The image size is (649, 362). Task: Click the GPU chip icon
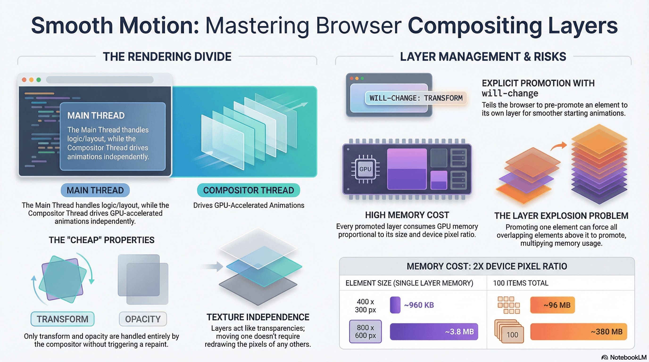coord(365,169)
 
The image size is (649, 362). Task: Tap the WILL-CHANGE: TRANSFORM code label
coord(416,98)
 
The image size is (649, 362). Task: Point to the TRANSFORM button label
coord(62,319)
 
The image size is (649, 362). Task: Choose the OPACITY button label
coord(143,319)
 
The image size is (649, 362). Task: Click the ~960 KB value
coord(419,305)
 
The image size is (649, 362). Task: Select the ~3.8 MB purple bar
coord(434,332)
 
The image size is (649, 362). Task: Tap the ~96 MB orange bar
coord(552,305)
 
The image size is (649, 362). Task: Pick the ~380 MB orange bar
coord(578,332)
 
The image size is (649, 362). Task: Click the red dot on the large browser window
coord(24,80)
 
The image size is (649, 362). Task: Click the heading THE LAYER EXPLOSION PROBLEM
coord(561,216)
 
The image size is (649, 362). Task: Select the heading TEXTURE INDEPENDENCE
coord(258,317)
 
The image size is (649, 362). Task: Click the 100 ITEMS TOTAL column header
coord(520,283)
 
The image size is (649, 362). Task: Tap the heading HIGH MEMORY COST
coord(407,215)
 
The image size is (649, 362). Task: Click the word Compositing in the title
coord(475,26)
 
